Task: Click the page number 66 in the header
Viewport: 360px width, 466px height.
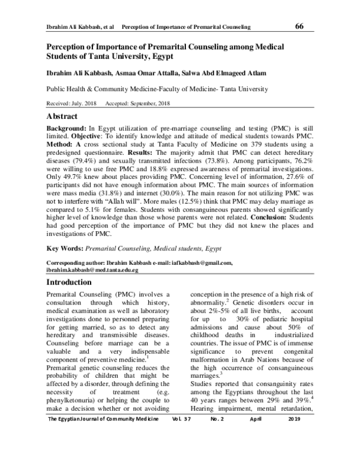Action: tap(300, 26)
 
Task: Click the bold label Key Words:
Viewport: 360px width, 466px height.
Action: tap(65, 248)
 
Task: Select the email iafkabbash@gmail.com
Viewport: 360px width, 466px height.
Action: tap(202, 264)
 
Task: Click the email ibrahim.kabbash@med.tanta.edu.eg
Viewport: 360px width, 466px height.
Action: tap(92, 271)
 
